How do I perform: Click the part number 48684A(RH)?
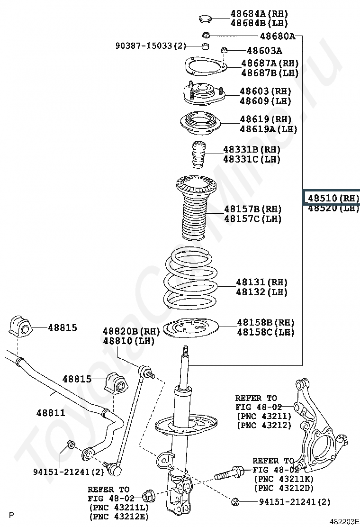(259, 14)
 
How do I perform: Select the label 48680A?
(277, 36)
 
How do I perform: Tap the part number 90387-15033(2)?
(151, 46)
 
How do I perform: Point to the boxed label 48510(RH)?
(333, 198)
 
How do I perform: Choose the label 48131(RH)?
(261, 282)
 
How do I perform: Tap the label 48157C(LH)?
(252, 219)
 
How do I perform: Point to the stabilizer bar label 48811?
(51, 413)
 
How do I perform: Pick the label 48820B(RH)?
(129, 330)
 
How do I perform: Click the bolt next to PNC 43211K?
(229, 472)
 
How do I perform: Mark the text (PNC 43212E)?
(118, 517)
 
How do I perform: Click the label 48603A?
(264, 51)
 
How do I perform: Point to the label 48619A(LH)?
(268, 129)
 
